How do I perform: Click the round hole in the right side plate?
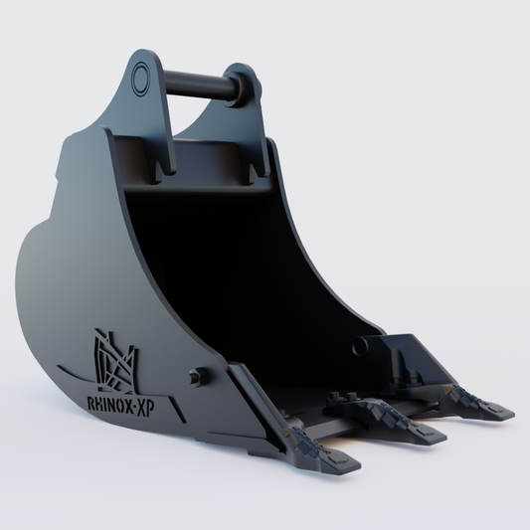click(x=357, y=349)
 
